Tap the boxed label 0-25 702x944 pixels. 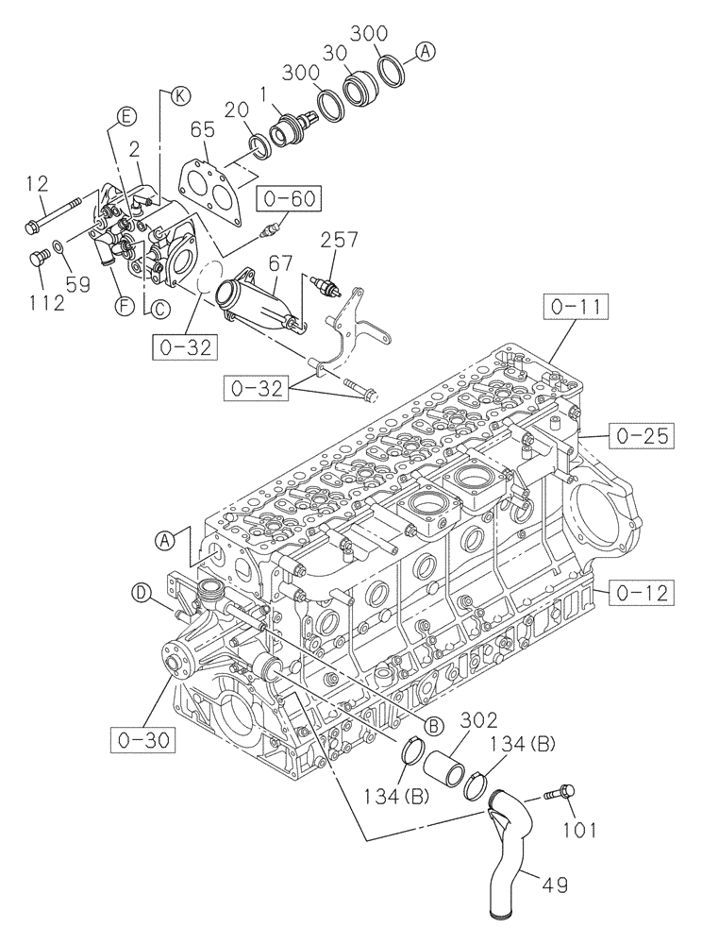(x=642, y=435)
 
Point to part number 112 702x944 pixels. (x=46, y=302)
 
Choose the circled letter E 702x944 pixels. (x=124, y=116)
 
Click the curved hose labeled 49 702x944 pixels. (x=514, y=864)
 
